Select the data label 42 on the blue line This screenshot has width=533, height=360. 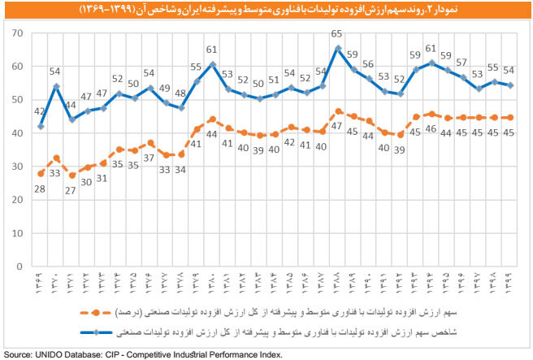point(38,112)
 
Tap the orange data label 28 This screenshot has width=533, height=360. point(38,189)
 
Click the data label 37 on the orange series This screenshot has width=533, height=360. point(149,157)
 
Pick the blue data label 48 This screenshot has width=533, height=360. point(180,93)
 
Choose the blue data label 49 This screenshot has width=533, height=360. point(165,89)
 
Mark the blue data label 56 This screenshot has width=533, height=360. point(369,65)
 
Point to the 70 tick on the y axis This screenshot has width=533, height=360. point(15,33)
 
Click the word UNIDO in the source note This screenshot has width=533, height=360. point(46,354)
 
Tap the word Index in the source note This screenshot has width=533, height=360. point(270,354)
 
